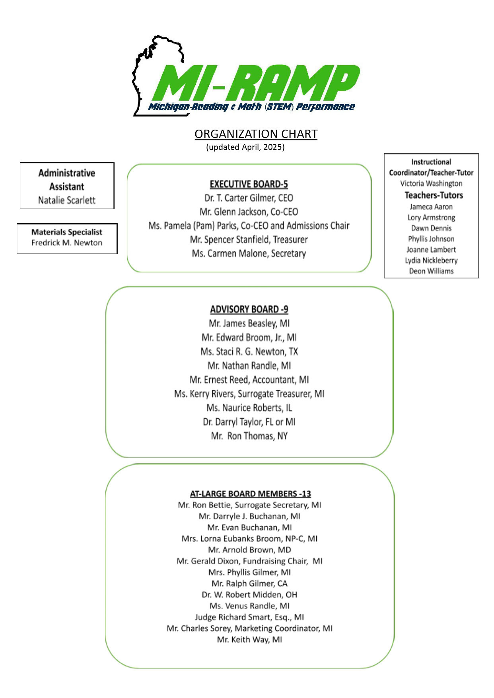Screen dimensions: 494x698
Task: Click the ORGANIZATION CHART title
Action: click(256, 134)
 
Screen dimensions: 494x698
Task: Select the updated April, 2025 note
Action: click(245, 147)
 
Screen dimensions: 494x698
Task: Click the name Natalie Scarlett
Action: click(67, 200)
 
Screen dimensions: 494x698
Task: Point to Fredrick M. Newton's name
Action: click(67, 243)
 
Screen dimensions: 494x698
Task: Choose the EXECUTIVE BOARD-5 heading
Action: click(249, 184)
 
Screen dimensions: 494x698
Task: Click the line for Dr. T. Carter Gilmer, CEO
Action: click(249, 198)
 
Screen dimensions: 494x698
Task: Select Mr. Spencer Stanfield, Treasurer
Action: click(249, 239)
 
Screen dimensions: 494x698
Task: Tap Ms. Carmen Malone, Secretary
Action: click(249, 253)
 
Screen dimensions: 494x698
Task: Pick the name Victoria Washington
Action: click(431, 183)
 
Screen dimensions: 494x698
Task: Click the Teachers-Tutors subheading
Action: click(434, 195)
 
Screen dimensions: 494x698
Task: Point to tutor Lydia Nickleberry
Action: click(431, 260)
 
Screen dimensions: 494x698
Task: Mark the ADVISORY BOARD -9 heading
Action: click(249, 309)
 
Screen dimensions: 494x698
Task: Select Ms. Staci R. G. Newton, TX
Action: click(249, 352)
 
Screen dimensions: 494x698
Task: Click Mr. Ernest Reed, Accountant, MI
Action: click(249, 380)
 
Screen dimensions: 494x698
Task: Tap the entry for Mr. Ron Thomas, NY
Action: click(249, 436)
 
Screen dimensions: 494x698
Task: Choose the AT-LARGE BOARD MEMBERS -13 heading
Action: click(250, 494)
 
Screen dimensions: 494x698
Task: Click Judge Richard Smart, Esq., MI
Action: click(249, 617)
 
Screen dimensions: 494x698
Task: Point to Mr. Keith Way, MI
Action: click(249, 640)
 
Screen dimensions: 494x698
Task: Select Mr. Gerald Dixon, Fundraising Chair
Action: click(249, 561)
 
